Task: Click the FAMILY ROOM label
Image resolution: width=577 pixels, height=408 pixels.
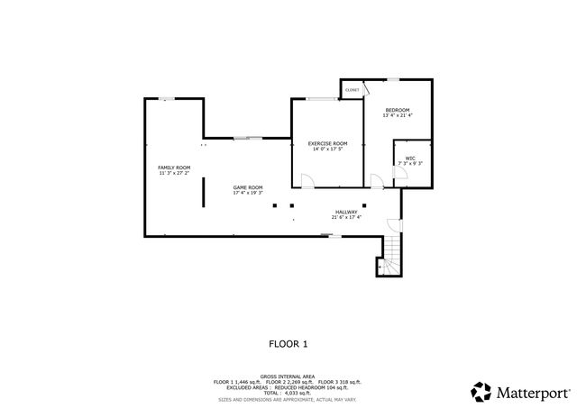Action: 174,168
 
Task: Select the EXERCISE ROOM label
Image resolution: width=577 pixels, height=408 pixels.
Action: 327,143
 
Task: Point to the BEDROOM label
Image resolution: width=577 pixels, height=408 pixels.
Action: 397,110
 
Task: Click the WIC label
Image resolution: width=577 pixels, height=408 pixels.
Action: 409,159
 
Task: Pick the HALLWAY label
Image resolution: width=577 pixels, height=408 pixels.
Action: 346,212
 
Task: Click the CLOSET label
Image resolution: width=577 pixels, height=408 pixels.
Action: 352,90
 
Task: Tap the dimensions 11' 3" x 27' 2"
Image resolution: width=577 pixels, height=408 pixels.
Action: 174,173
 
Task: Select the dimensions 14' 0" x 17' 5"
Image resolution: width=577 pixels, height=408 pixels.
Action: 327,149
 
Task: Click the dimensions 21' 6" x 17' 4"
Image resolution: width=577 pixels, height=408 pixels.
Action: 346,217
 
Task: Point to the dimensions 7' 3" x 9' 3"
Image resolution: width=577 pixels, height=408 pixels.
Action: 409,164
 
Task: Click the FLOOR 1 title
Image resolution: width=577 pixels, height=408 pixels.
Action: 288,343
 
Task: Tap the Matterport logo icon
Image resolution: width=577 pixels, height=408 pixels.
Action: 481,392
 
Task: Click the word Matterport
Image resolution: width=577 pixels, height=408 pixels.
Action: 532,393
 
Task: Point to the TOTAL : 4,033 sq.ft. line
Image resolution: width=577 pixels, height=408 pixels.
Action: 288,392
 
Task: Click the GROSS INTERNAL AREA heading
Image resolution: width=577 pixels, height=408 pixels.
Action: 288,376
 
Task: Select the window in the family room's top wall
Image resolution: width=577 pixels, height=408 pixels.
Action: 168,99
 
